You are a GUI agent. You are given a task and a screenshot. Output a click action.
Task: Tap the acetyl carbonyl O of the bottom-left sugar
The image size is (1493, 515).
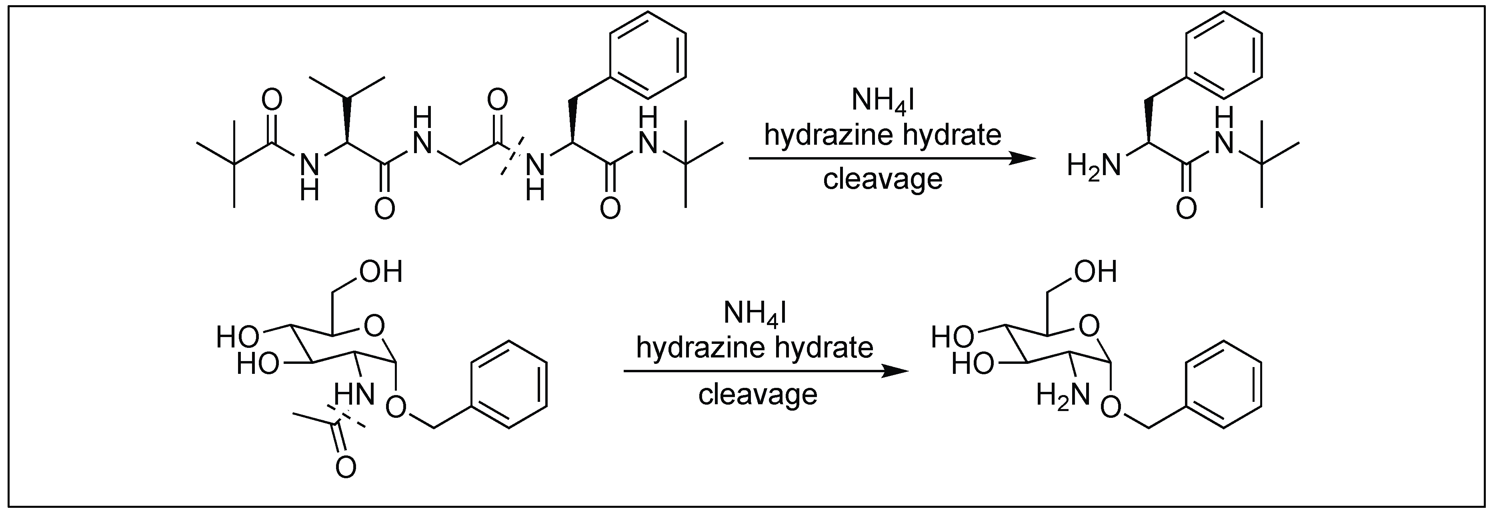point(346,466)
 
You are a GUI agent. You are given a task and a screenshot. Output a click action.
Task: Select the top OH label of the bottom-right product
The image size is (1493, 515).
point(1095,271)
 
